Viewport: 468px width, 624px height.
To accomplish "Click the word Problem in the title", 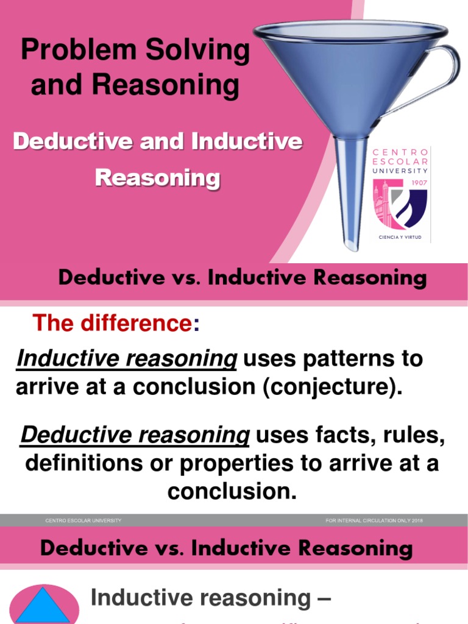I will pos(79,51).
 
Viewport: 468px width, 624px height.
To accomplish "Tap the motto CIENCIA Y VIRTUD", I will pos(400,236).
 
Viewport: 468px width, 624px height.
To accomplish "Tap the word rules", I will pos(416,435).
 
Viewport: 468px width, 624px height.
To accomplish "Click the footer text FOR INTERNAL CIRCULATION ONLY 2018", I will pos(374,520).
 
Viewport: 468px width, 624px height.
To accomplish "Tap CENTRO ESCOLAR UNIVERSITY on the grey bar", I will pos(83,520).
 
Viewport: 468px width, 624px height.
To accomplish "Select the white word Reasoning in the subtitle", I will pos(158,179).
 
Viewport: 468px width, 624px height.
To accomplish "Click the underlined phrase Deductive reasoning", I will pos(135,435).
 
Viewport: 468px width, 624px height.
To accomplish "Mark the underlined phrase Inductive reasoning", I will pos(126,358).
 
